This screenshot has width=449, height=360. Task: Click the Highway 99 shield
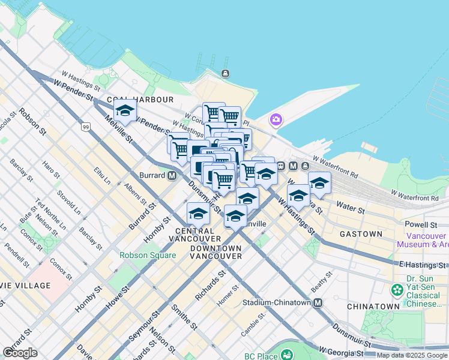(x=86, y=127)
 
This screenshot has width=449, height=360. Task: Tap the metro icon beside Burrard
(x=172, y=176)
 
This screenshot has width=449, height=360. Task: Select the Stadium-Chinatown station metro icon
(x=318, y=303)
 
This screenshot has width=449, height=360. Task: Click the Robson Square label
(x=148, y=255)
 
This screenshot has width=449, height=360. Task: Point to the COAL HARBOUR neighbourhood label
(x=140, y=99)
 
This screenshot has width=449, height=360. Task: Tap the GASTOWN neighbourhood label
(x=361, y=233)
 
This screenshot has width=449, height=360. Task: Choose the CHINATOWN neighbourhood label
(x=373, y=306)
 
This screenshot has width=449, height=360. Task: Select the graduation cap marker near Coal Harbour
(x=125, y=110)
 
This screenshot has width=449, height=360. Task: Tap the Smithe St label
(x=184, y=317)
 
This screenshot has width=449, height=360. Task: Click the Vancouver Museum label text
(x=421, y=240)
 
